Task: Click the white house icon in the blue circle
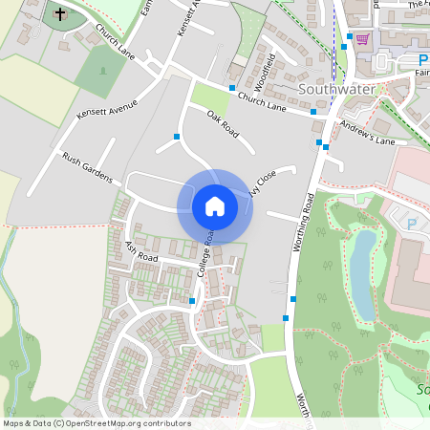coord(215,205)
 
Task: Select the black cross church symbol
coord(59,14)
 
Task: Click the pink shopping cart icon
coord(362,39)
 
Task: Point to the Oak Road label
coord(222,123)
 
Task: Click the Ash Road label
coord(140,251)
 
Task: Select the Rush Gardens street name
coord(88,167)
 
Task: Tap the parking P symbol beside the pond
coord(412,224)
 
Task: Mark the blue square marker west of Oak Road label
coord(177,137)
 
